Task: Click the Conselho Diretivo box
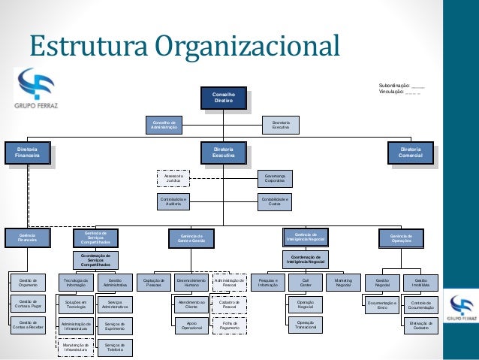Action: pyautogui.click(x=224, y=98)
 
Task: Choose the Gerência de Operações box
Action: pyautogui.click(x=401, y=238)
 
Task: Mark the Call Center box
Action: pyautogui.click(x=306, y=283)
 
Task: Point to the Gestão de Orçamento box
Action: pyautogui.click(x=28, y=283)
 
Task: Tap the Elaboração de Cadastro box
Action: pyautogui.click(x=420, y=326)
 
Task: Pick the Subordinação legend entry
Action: pyautogui.click(x=402, y=86)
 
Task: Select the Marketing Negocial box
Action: pyautogui.click(x=343, y=283)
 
